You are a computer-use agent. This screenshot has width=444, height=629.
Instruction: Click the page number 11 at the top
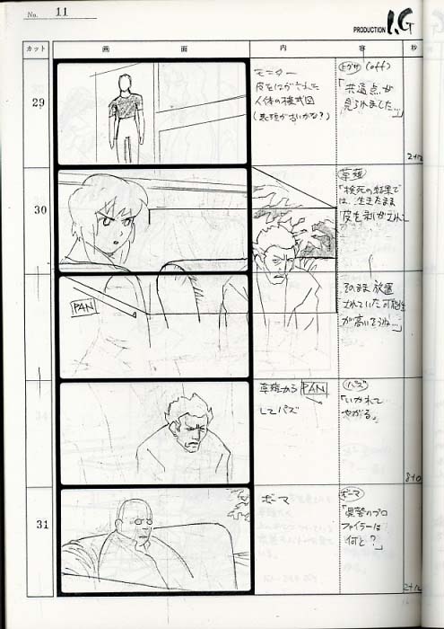pyautogui.click(x=61, y=12)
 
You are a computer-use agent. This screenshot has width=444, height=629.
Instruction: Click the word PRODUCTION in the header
pyautogui.click(x=370, y=29)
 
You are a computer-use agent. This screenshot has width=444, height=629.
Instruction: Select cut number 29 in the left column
pyautogui.click(x=39, y=102)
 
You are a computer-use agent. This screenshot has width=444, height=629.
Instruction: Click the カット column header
pyautogui.click(x=37, y=49)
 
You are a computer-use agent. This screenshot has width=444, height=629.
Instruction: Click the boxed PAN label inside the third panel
pyautogui.click(x=84, y=306)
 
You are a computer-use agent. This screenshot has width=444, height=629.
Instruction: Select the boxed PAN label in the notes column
pyautogui.click(x=314, y=389)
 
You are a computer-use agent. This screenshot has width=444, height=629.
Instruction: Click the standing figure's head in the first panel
pyautogui.click(x=125, y=84)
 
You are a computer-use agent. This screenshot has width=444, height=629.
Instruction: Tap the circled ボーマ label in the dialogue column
pyautogui.click(x=350, y=495)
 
